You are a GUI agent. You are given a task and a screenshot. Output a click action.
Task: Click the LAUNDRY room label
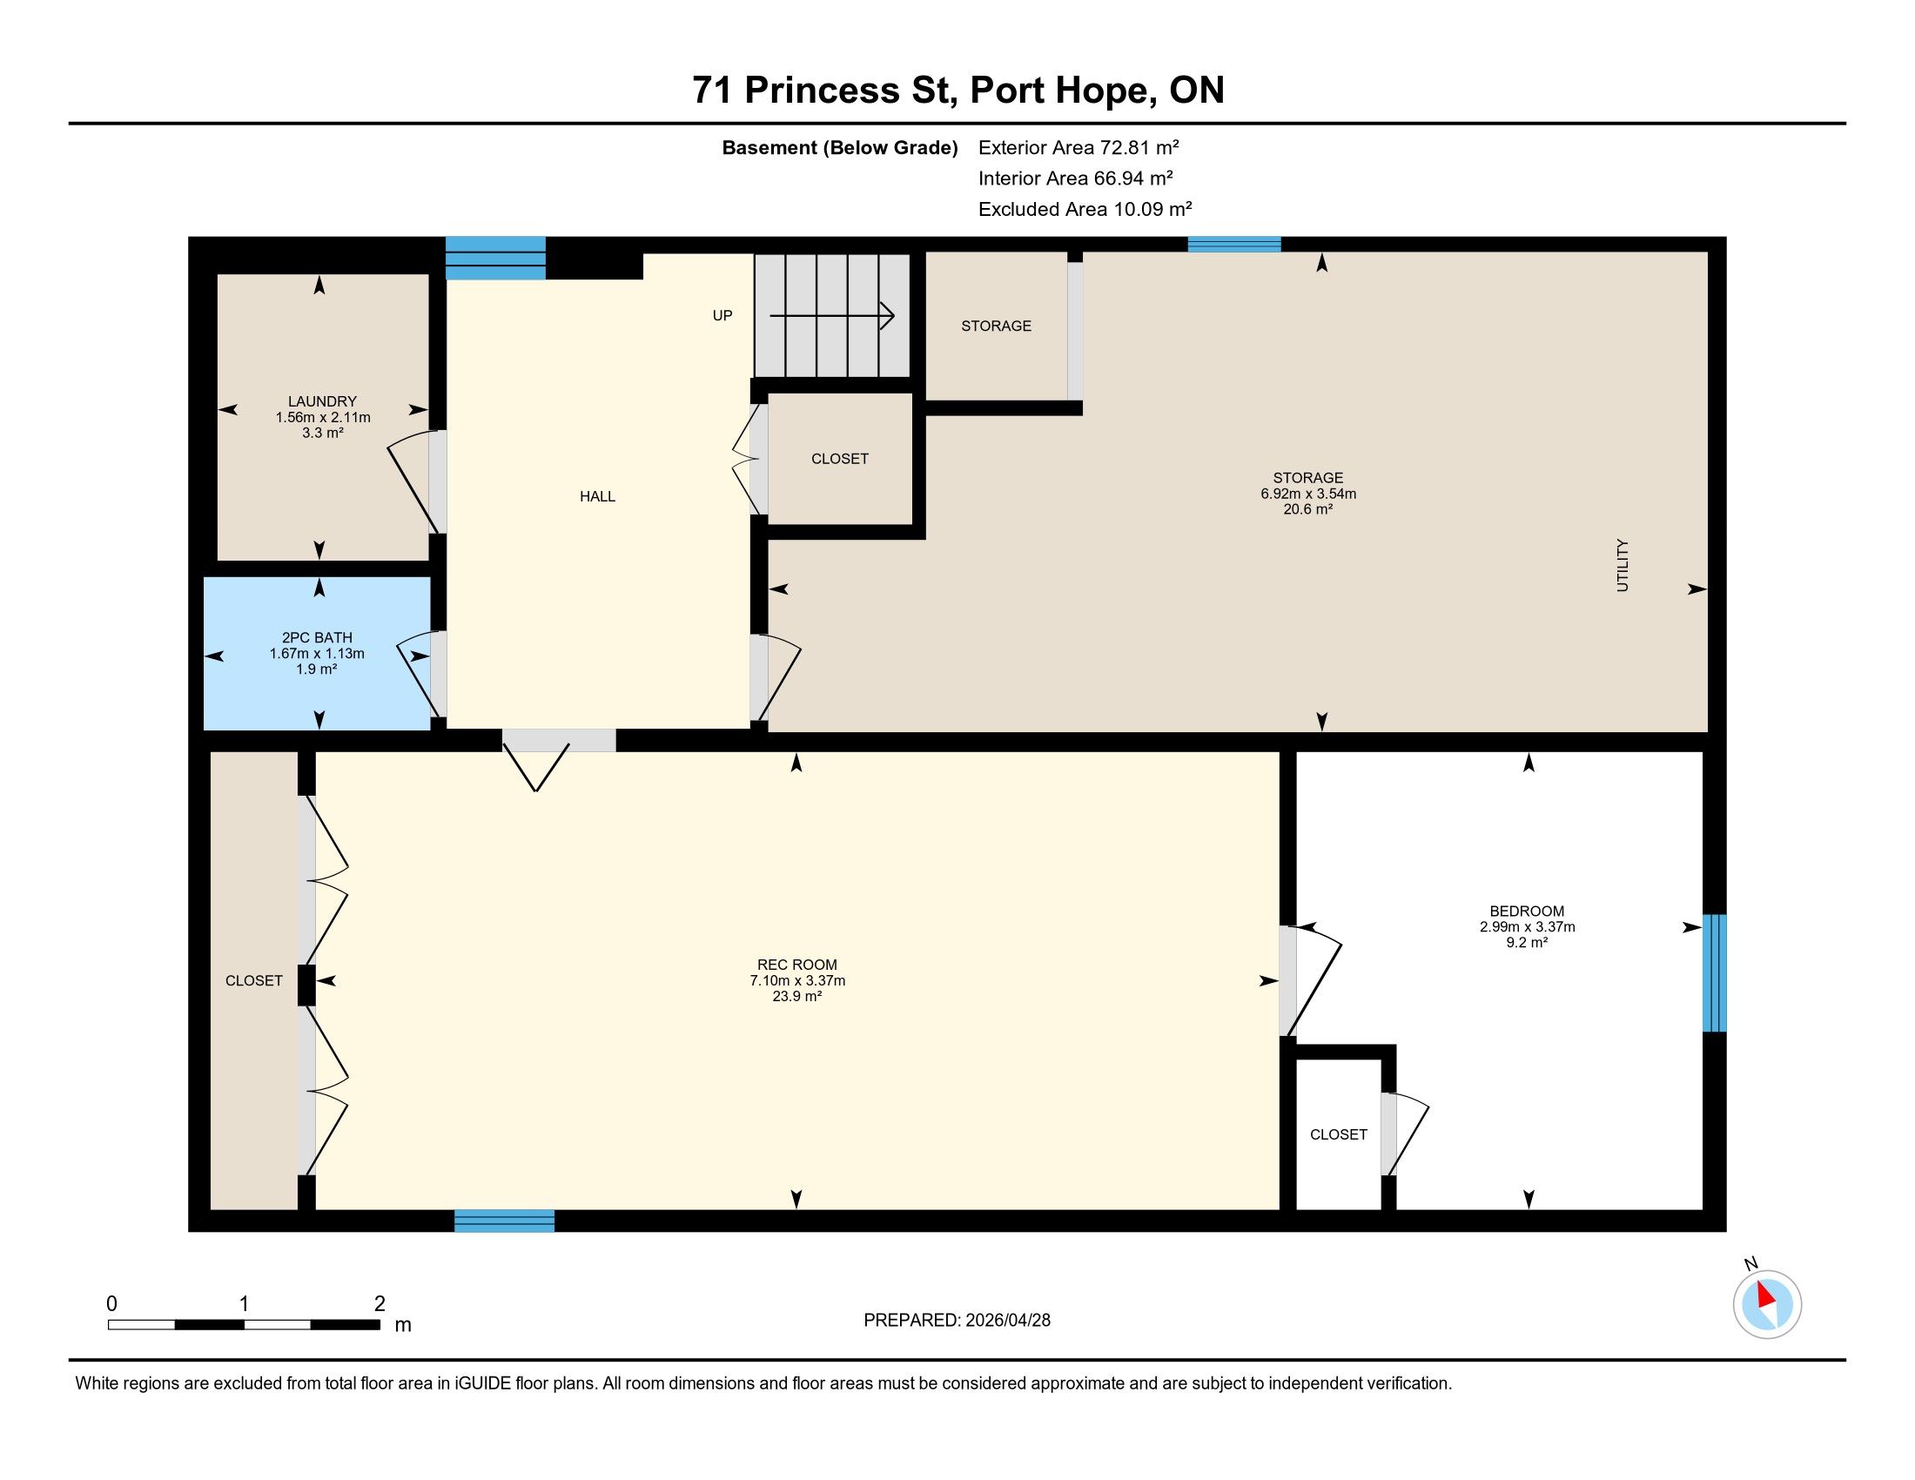[x=323, y=401]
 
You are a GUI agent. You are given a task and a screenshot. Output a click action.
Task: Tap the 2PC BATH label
[x=317, y=637]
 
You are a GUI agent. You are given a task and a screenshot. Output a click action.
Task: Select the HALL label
[x=597, y=496]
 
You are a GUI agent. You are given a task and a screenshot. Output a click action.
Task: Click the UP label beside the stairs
[x=722, y=316]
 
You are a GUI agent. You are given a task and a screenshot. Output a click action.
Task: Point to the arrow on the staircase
[x=832, y=316]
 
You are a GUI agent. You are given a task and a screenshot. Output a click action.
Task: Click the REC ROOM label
[x=797, y=965]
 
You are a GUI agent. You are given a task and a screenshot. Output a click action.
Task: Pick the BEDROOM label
[x=1527, y=911]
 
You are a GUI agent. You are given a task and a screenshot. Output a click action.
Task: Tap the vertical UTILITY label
[x=1623, y=566]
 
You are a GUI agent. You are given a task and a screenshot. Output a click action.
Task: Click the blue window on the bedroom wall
[x=1714, y=973]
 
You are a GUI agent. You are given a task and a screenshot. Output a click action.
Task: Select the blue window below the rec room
[x=504, y=1221]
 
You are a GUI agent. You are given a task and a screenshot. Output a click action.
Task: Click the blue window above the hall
[x=495, y=258]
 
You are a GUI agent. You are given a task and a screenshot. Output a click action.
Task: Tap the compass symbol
[x=1767, y=1304]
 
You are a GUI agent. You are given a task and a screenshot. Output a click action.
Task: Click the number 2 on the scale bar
[x=380, y=1304]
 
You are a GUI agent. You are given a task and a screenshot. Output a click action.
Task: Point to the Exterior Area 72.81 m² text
[x=1078, y=147]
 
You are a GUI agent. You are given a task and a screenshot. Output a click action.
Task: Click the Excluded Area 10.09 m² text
[x=1085, y=209]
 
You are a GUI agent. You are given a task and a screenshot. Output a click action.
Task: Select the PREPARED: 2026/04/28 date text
[x=957, y=1321]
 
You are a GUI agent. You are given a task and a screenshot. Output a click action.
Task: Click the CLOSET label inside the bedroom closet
[x=1338, y=1134]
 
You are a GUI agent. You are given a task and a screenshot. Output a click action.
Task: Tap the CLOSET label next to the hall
[x=839, y=459]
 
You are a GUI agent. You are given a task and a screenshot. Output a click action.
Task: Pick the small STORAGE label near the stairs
[x=996, y=326]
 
